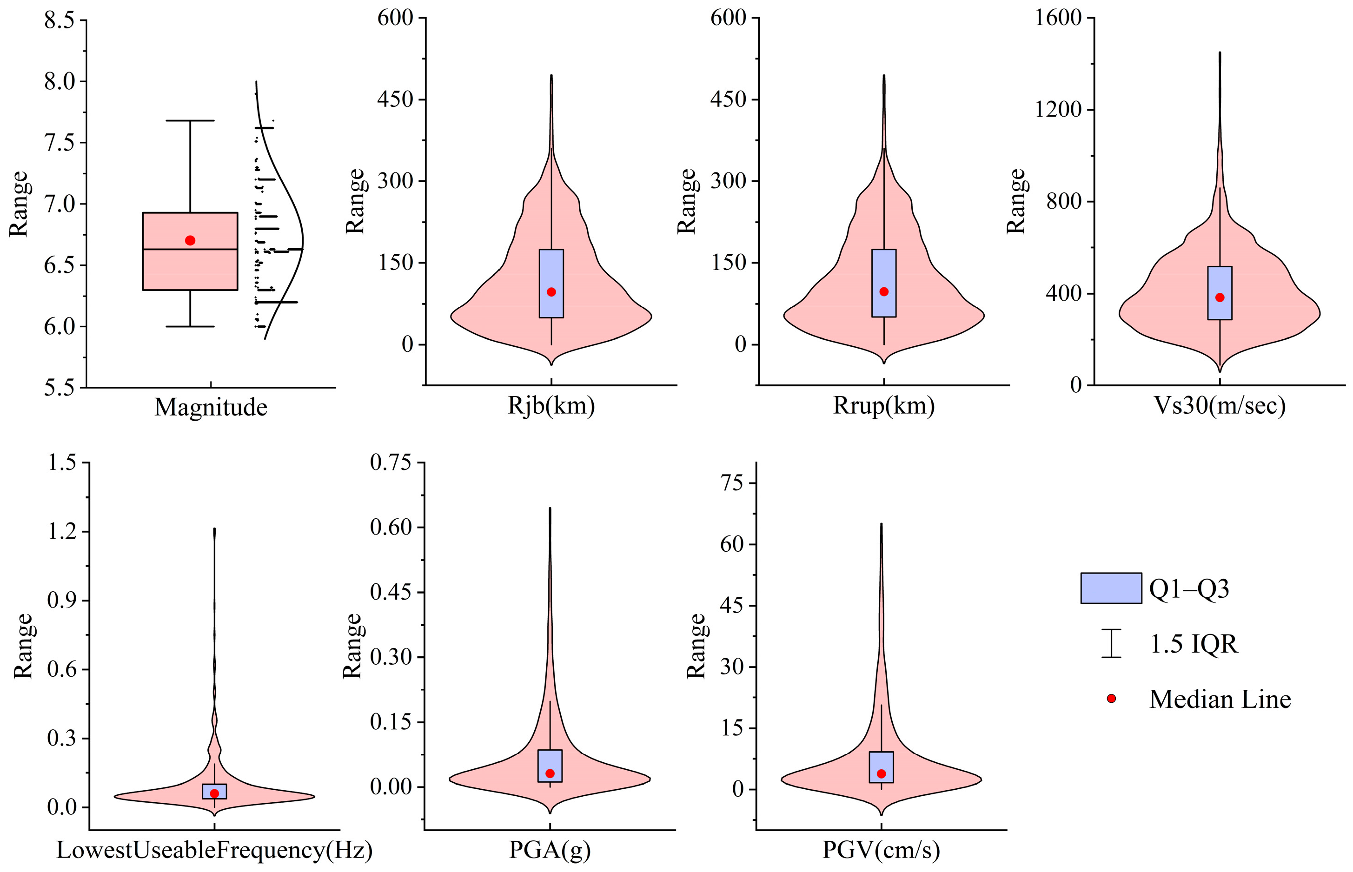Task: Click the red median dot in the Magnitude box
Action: (190, 241)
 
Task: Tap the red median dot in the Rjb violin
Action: (551, 292)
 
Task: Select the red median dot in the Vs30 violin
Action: (1220, 298)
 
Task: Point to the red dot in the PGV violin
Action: (881, 773)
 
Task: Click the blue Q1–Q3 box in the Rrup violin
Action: (884, 283)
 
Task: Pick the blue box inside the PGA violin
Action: (550, 766)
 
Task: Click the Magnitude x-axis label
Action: (211, 407)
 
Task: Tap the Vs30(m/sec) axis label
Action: (1220, 405)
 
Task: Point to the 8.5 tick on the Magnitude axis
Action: (60, 20)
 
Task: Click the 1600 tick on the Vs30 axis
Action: (1059, 18)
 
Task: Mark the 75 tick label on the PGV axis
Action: (730, 482)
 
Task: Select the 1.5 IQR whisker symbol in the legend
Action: (1111, 643)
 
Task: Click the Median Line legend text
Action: (1220, 699)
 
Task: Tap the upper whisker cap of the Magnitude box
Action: (190, 120)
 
